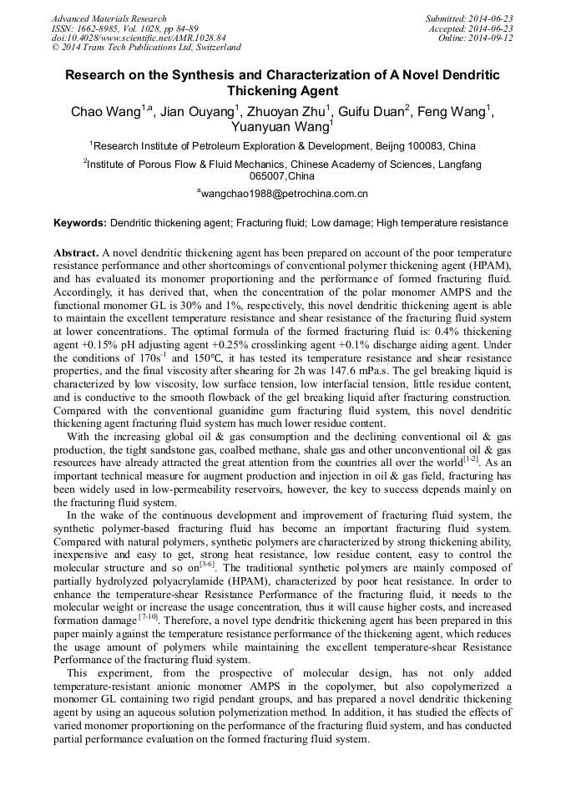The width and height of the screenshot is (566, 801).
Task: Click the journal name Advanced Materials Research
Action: (x=109, y=18)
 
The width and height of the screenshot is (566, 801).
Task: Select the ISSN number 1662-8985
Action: (x=107, y=28)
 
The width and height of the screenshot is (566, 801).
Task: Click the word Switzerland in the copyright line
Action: (x=213, y=48)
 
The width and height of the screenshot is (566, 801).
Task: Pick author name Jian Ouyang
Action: (x=197, y=112)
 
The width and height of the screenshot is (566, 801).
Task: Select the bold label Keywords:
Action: (x=80, y=223)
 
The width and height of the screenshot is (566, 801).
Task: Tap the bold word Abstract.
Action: (x=76, y=252)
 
